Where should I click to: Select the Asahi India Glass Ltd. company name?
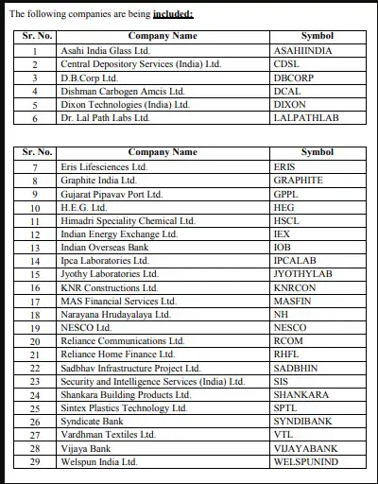pos(105,51)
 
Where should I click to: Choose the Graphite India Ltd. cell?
pos(98,180)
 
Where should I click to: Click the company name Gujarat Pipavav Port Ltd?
pos(112,193)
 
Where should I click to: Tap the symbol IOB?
pos(281,247)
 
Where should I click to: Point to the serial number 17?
pos(35,301)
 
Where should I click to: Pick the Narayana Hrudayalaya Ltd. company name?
pos(115,314)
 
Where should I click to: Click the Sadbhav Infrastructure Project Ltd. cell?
pos(130,368)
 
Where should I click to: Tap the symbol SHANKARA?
pos(301,394)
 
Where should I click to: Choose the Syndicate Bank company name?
pos(93,422)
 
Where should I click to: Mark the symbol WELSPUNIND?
pos(305,462)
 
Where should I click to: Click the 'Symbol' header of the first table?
pos(318,36)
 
